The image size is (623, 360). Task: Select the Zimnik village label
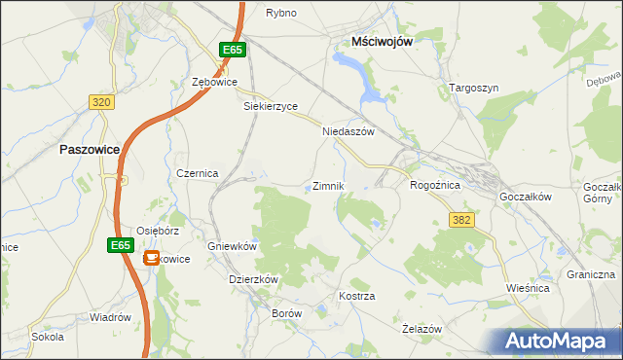pyautogui.click(x=328, y=185)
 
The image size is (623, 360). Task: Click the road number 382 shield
pyautogui.click(x=461, y=220)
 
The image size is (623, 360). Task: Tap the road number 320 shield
pyautogui.click(x=101, y=101)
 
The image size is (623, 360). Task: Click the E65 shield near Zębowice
pyautogui.click(x=231, y=50)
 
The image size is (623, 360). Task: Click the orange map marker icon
pyautogui.click(x=152, y=258)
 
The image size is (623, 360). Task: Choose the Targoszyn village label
pyautogui.click(x=474, y=88)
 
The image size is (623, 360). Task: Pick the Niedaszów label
pyautogui.click(x=348, y=131)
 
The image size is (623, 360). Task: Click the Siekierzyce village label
pyautogui.click(x=270, y=106)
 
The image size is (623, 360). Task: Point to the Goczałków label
pyautogui.click(x=525, y=196)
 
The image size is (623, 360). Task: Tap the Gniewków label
pyautogui.click(x=232, y=247)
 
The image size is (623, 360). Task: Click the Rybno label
pyautogui.click(x=280, y=13)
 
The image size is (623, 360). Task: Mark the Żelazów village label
pyautogui.click(x=422, y=329)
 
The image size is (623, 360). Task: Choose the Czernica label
pyautogui.click(x=197, y=172)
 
